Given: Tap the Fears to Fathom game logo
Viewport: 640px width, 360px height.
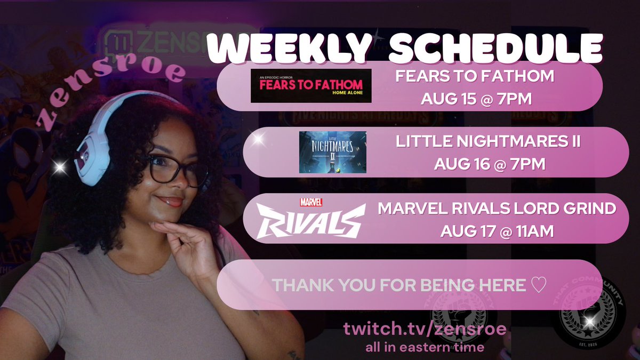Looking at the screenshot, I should coord(311,86).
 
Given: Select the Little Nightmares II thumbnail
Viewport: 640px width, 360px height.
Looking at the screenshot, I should coord(333,152).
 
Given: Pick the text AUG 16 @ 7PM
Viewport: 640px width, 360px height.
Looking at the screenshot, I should coord(490,164).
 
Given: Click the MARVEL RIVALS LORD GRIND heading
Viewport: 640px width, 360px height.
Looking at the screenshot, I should coord(497,209).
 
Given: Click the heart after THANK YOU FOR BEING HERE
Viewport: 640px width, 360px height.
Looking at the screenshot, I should coord(539,285).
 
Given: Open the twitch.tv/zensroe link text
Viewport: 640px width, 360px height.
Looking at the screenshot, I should coord(425,329).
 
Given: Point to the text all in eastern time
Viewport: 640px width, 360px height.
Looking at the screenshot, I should coord(425,347).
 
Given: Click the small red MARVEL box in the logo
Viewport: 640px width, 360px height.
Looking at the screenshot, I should coord(311,202).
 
